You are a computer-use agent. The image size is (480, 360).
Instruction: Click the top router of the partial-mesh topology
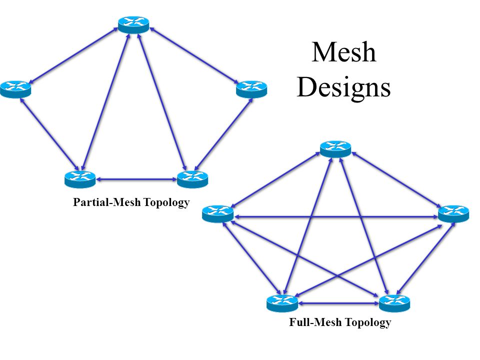coord(133,24)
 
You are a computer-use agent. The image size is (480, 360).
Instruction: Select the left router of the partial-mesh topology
coord(15,88)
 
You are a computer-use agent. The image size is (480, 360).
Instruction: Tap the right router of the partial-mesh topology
coord(251,88)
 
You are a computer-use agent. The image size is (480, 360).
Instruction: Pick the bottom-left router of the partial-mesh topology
coord(79,178)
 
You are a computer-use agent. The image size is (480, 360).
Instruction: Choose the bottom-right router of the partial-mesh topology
coord(192,178)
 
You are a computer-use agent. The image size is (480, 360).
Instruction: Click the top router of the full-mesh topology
coord(335,149)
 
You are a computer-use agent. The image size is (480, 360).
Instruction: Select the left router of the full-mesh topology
coord(217,213)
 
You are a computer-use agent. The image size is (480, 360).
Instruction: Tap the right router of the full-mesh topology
coord(453,213)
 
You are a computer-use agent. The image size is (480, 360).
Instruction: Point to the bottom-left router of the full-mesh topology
coord(282,303)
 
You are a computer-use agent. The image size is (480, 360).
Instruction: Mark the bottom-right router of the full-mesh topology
coord(394,303)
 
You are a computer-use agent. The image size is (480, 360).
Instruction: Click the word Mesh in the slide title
coord(343,52)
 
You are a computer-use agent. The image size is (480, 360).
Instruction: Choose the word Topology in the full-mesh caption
coord(367,322)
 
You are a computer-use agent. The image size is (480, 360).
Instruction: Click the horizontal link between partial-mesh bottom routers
coord(136,178)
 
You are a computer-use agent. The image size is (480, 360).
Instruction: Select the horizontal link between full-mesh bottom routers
coord(338,303)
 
